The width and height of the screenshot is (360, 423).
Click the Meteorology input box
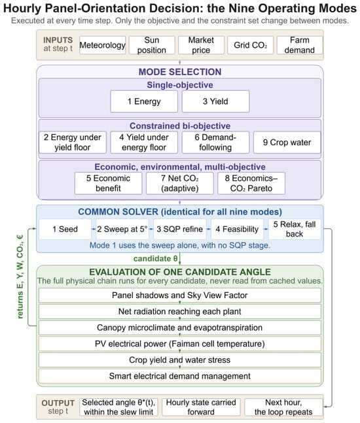click(x=102, y=45)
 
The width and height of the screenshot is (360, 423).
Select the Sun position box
click(x=151, y=45)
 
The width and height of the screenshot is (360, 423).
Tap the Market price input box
click(x=201, y=45)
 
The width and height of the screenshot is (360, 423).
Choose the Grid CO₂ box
click(x=250, y=45)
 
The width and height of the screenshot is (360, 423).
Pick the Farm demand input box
click(x=300, y=45)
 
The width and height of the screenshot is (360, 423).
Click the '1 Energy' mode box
click(x=144, y=101)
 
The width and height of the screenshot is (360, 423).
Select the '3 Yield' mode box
click(x=215, y=101)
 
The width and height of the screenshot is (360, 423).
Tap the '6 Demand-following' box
click(x=215, y=143)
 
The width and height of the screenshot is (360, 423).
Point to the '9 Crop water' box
click(x=287, y=143)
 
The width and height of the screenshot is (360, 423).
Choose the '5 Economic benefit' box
click(x=108, y=184)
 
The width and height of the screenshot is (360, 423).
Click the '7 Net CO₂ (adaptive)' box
click(x=180, y=184)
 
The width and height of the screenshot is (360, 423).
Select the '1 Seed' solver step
click(x=65, y=229)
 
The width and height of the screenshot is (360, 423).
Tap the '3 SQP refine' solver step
click(x=179, y=229)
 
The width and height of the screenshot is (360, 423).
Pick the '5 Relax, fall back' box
click(x=295, y=229)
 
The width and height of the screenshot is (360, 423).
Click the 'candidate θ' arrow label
click(x=156, y=259)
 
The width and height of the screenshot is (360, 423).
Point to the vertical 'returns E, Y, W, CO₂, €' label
click(x=20, y=277)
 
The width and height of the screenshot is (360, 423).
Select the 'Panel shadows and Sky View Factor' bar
click(x=180, y=296)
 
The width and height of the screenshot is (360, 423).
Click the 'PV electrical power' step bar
click(x=180, y=344)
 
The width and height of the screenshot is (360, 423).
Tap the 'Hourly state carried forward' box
click(x=201, y=407)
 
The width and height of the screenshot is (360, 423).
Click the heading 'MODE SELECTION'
click(x=180, y=72)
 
